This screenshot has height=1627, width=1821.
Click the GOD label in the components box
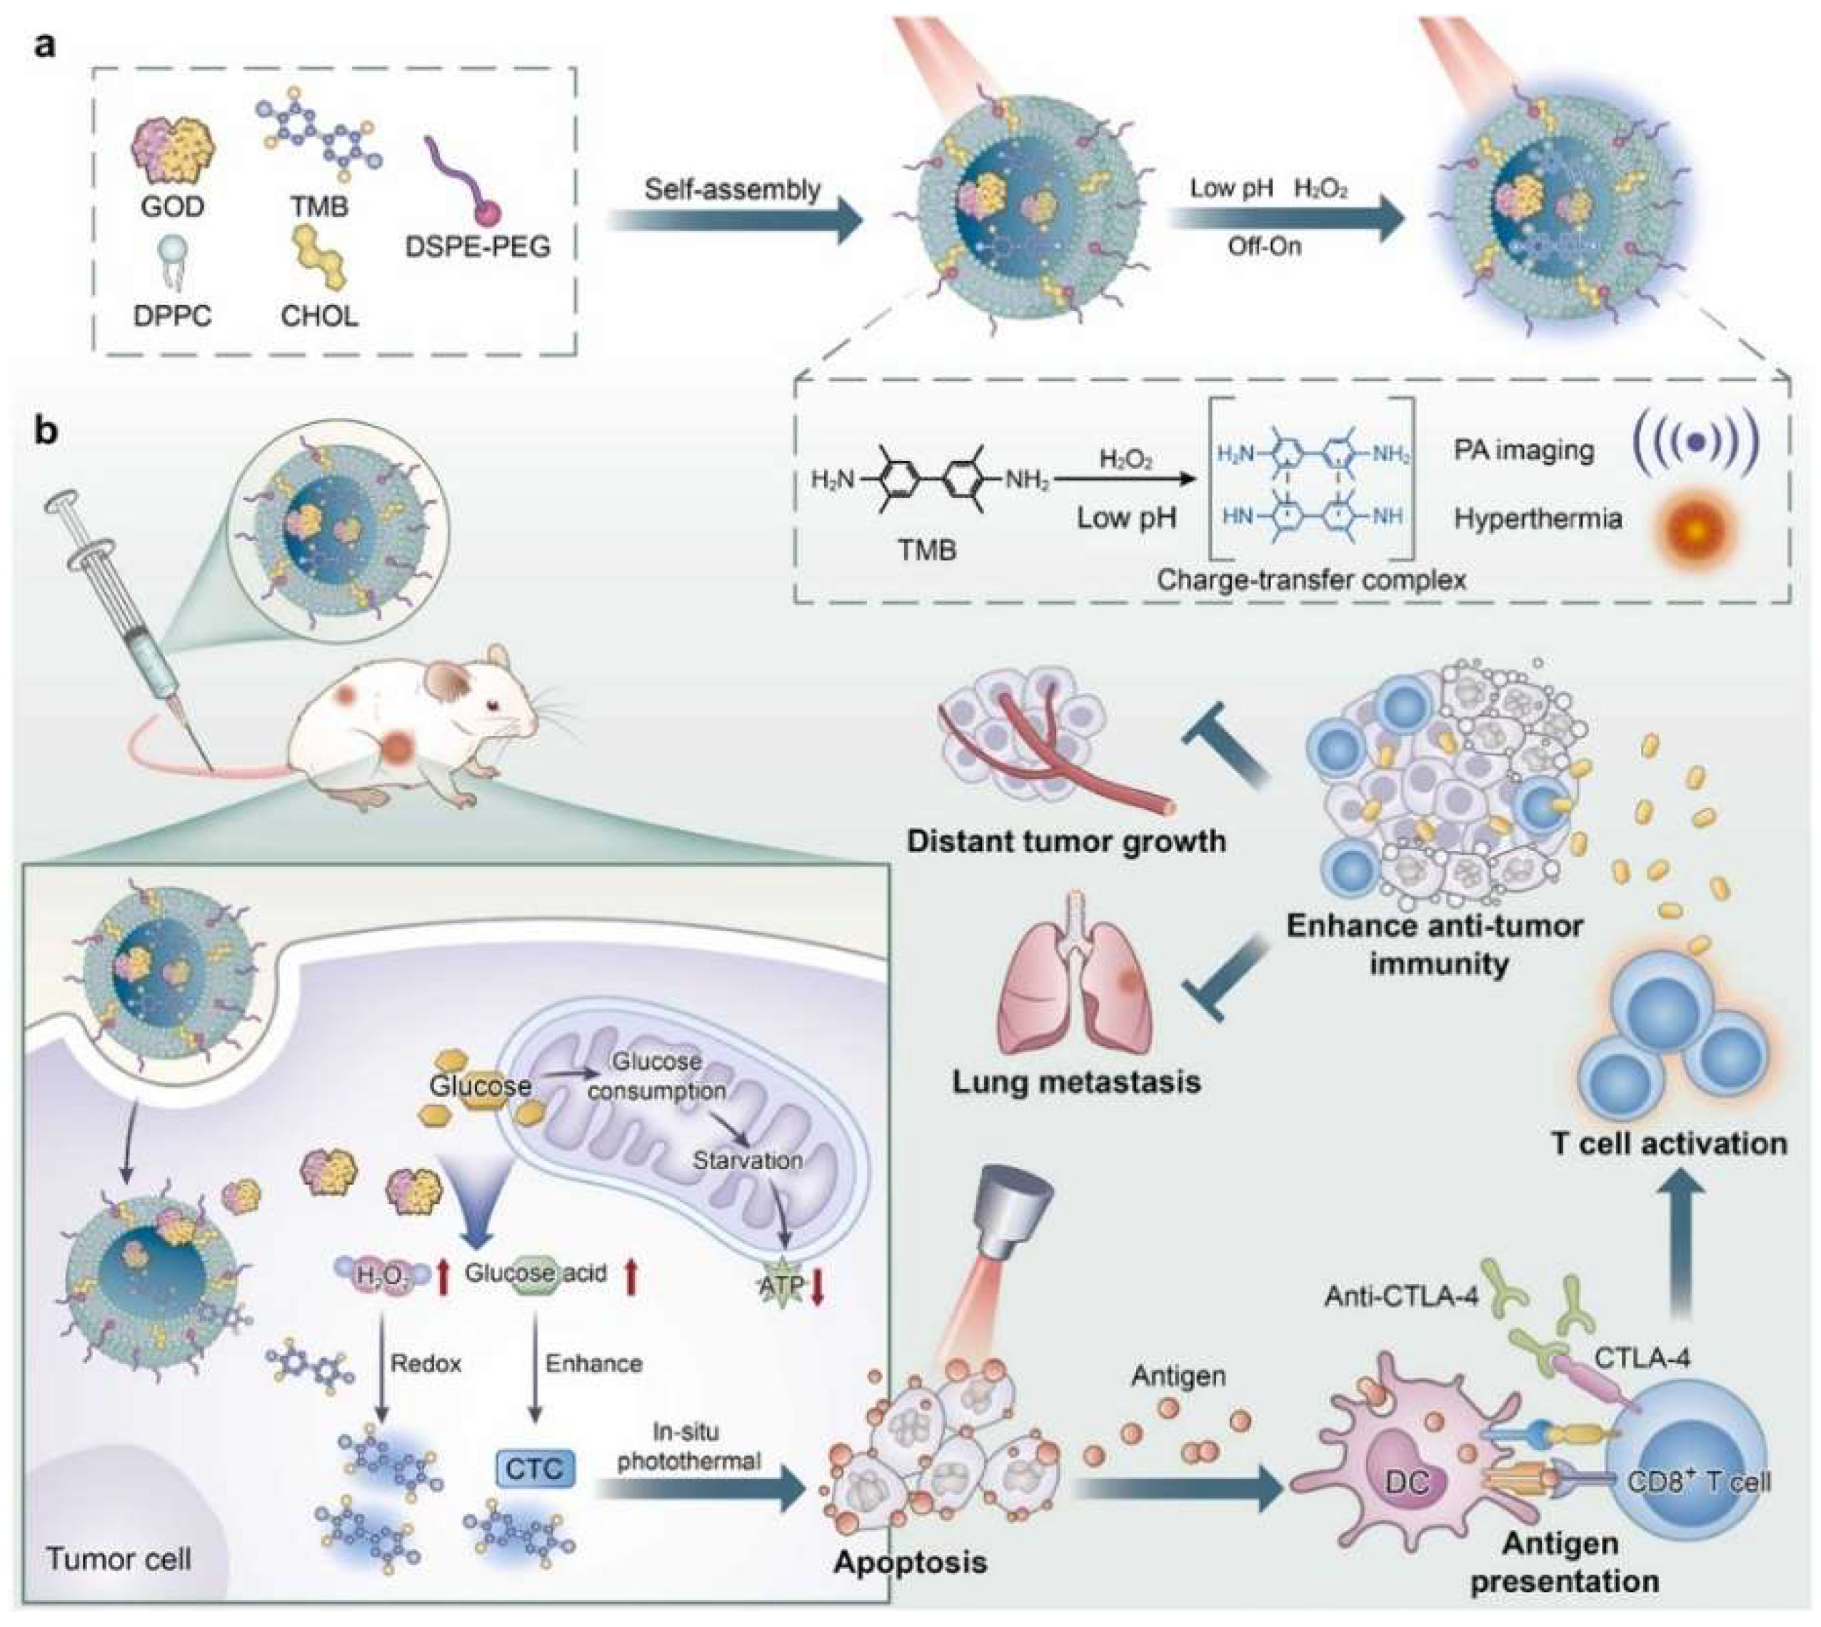click(171, 207)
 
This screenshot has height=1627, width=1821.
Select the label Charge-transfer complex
click(1312, 580)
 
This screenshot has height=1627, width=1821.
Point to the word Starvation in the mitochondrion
click(748, 1161)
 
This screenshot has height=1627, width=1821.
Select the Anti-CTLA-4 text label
click(1401, 1295)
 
